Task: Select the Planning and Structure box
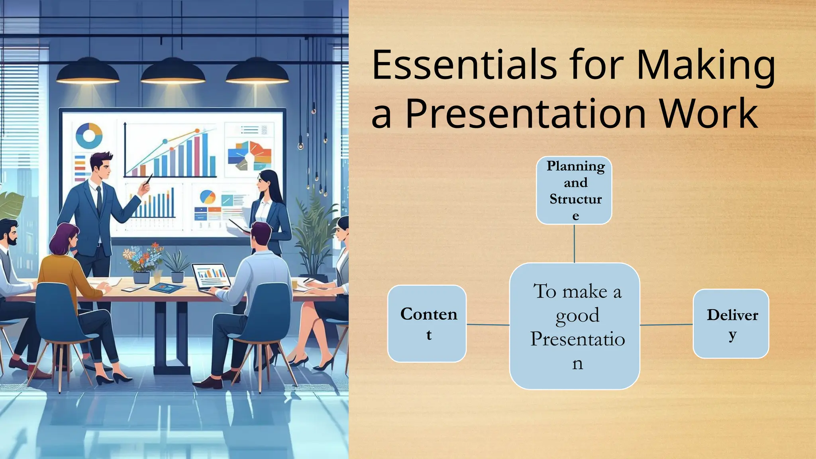click(x=574, y=190)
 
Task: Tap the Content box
click(x=427, y=324)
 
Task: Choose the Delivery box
click(x=731, y=324)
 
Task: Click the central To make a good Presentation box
click(x=575, y=326)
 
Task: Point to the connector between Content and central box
click(x=488, y=325)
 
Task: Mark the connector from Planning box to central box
click(x=574, y=243)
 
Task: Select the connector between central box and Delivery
click(x=666, y=325)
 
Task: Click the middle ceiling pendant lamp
click(x=173, y=72)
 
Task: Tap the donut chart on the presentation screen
click(x=88, y=135)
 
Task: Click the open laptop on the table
click(x=210, y=277)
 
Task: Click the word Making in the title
click(x=705, y=65)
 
